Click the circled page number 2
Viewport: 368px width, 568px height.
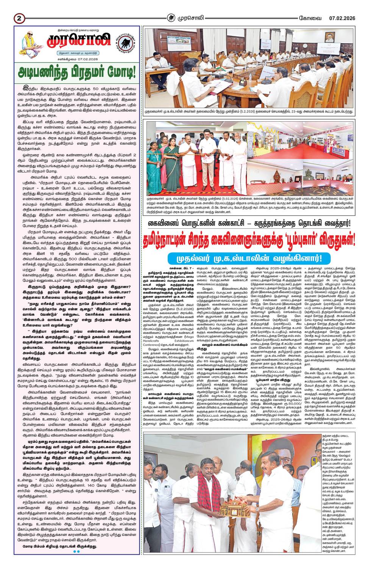(x=19, y=18)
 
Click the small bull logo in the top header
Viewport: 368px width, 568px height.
(x=172, y=17)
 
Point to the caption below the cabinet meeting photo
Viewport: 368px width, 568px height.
(x=249, y=112)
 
